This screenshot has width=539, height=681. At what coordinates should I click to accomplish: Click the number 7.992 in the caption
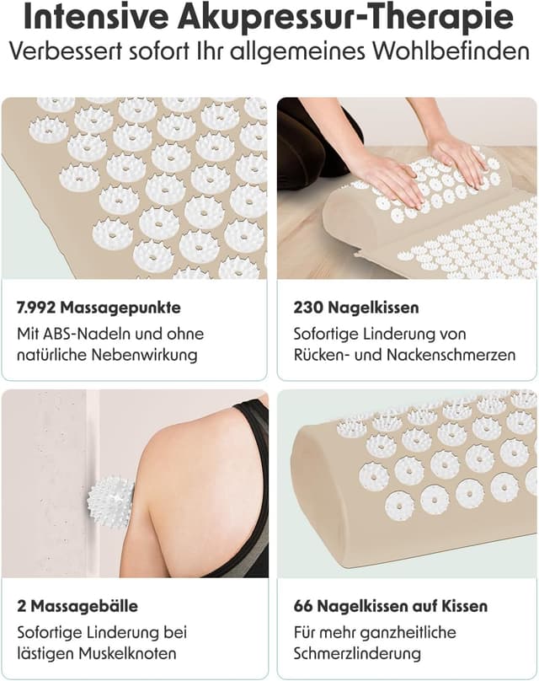coord(38,308)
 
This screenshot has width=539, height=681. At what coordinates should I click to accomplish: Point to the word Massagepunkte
coord(122,308)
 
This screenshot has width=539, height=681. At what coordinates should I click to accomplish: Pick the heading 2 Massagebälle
coord(77,606)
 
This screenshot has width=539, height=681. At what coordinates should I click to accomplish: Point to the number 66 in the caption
coord(303,606)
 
